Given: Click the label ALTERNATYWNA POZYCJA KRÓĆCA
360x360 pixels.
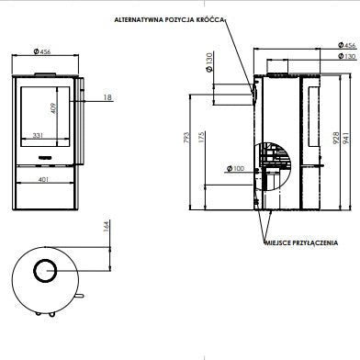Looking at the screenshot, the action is click(169, 20).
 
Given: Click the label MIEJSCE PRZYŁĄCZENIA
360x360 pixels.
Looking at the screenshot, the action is click(301, 243).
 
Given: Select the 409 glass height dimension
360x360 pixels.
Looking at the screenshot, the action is click(54, 108).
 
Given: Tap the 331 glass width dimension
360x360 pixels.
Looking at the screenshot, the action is click(38, 135).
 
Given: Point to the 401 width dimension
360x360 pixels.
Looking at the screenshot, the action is click(43, 179).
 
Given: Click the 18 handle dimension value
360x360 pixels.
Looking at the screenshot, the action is click(107, 97).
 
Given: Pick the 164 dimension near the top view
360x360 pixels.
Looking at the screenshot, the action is click(106, 226).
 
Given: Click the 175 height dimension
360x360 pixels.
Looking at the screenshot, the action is click(201, 138).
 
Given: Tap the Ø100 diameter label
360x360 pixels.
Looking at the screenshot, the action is click(235, 168).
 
